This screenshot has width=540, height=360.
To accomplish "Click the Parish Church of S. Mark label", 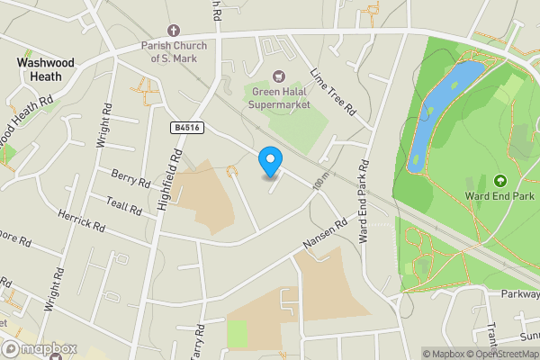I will (174, 53).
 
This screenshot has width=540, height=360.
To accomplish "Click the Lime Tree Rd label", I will (334, 93).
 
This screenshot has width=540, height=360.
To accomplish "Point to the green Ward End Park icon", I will (500, 181).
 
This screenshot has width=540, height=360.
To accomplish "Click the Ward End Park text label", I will (500, 195).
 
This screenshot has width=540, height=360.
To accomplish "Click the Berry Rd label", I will (130, 177).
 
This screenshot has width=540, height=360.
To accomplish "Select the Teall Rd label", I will (124, 206).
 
